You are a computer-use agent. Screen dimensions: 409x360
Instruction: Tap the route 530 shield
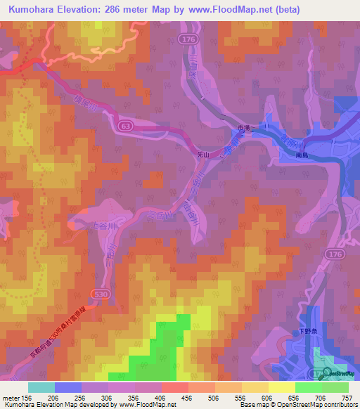tap(97, 290)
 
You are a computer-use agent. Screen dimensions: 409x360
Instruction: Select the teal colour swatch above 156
tap(41, 387)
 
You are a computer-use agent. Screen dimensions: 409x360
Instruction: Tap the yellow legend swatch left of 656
tap(281, 387)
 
